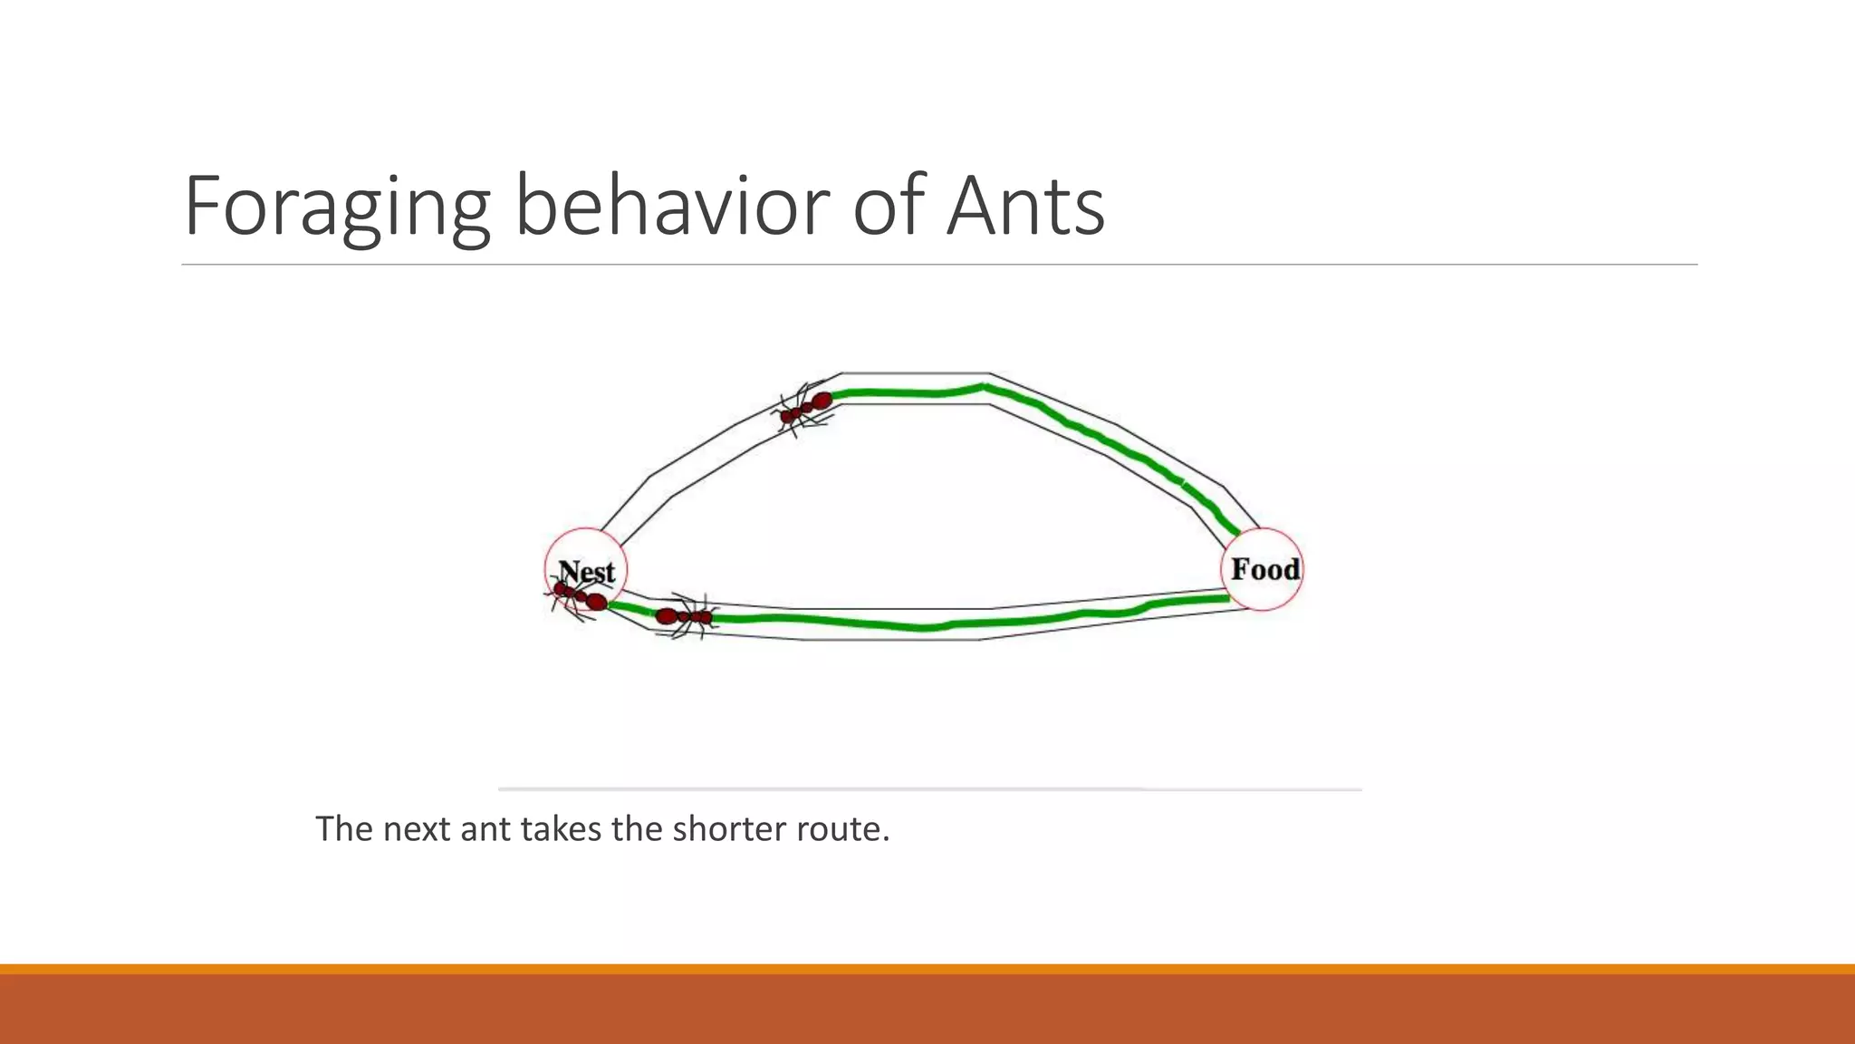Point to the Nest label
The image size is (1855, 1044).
tap(587, 571)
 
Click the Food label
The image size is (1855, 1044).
tap(1264, 569)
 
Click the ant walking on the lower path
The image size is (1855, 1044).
tap(685, 617)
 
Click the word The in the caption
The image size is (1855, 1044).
tap(343, 828)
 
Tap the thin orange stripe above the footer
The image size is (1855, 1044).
tap(927, 969)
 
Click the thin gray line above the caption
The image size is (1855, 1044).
tap(929, 789)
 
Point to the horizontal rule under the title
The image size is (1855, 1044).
tap(938, 265)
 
